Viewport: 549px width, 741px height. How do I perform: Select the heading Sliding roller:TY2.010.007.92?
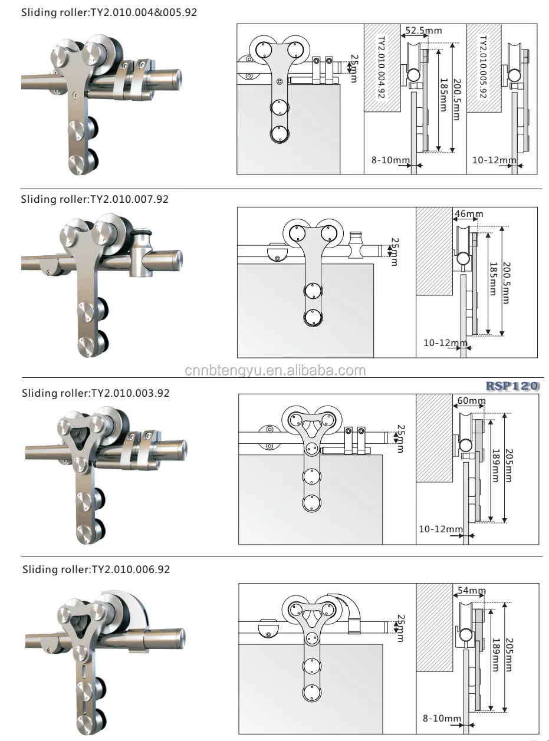[95, 199]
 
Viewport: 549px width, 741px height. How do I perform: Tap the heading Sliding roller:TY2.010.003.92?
[96, 393]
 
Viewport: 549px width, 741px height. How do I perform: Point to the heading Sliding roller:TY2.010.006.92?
[96, 570]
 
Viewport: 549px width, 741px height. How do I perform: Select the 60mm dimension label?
[471, 401]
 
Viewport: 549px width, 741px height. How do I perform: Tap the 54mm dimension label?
[471, 590]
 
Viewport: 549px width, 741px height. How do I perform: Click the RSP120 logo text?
[512, 386]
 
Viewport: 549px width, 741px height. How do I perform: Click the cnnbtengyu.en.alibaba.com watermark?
[275, 371]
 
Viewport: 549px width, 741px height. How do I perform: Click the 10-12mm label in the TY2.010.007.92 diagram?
[443, 342]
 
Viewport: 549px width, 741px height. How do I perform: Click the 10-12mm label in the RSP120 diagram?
[440, 529]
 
